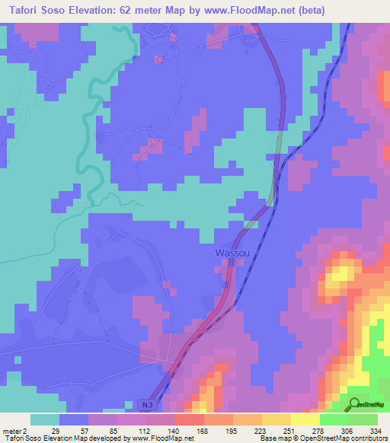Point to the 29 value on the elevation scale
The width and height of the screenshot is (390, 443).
(55, 430)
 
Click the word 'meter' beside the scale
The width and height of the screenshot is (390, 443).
(14, 430)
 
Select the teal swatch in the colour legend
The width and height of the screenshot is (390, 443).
(45, 419)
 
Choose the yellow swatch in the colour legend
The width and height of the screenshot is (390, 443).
(305, 419)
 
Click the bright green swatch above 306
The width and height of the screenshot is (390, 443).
(334, 419)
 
